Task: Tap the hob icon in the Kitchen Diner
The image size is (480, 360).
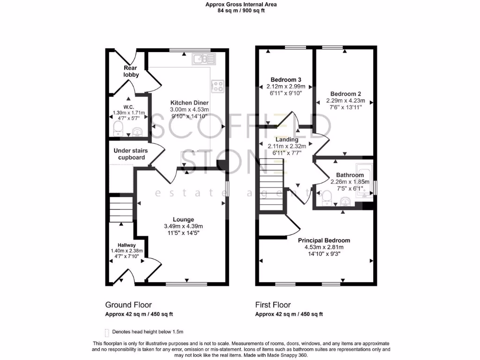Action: (x=218, y=85)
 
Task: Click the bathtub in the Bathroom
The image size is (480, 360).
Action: (x=363, y=180)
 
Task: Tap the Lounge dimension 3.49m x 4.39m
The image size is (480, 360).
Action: (x=183, y=226)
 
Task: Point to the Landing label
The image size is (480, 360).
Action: (x=286, y=140)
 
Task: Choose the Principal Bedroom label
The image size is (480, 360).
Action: (x=324, y=240)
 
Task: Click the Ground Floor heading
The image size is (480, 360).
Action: (x=128, y=305)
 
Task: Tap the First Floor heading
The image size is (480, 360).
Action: (x=273, y=305)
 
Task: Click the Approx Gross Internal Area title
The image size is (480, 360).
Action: (x=241, y=4)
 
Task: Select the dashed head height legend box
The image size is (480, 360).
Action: (x=107, y=332)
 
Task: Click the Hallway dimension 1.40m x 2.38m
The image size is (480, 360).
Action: (x=127, y=251)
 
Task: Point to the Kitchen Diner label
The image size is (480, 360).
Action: (x=189, y=103)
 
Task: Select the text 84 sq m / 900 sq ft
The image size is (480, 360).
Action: (x=241, y=11)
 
